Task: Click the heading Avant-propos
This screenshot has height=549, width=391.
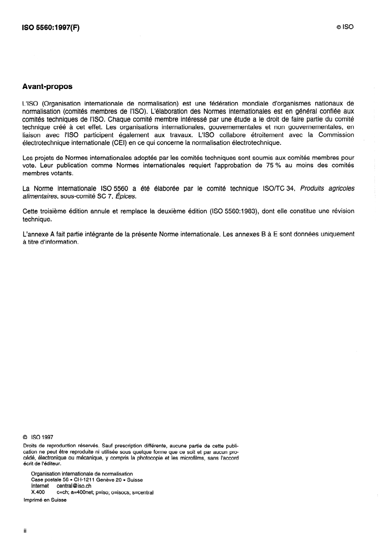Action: click(x=47, y=87)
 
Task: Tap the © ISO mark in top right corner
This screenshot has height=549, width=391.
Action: click(x=344, y=28)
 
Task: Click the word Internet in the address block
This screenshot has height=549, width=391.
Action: click(x=40, y=485)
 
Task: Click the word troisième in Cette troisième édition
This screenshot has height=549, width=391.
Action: click(x=56, y=211)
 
